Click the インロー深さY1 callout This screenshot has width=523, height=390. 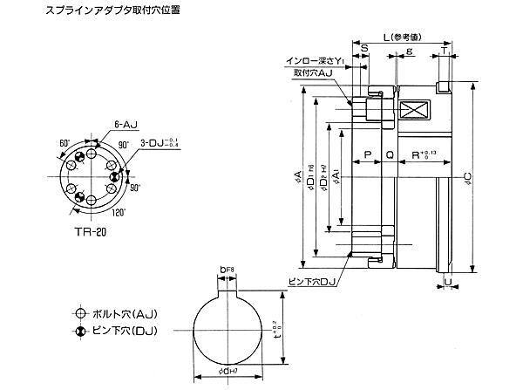coord(315,61)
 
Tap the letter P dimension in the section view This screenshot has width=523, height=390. coord(367,155)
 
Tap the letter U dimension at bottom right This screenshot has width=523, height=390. coord(447,282)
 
